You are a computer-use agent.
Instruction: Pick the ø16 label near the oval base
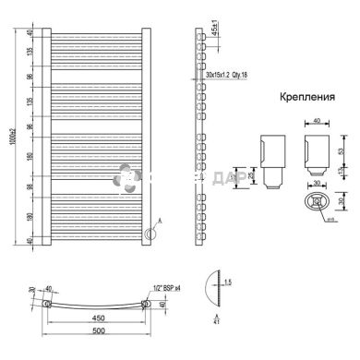328,221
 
